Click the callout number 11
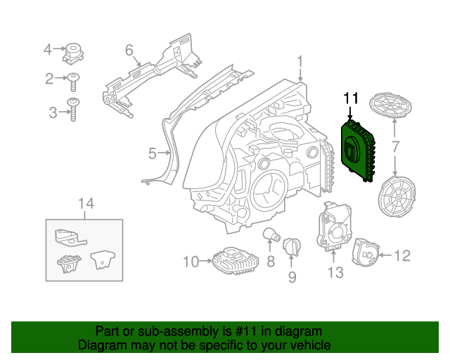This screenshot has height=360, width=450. point(351,98)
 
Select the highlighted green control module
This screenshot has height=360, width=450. point(356,149)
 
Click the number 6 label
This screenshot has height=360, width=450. point(129,50)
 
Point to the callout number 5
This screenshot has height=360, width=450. point(153,152)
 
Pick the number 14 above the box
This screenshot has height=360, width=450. point(85,204)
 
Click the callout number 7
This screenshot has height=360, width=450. point(394,147)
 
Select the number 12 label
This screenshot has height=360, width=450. point(401,256)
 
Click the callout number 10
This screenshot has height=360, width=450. point(191,262)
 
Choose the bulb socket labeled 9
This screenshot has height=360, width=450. point(292,246)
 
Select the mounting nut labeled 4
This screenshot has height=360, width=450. point(73,51)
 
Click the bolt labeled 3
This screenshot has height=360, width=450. point(72,110)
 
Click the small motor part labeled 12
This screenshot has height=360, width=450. point(364,252)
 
